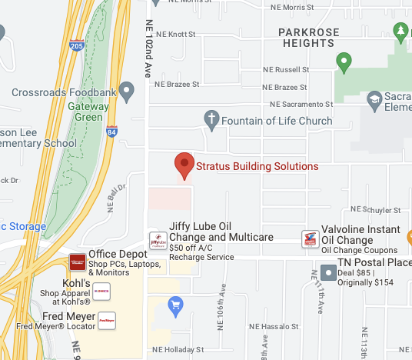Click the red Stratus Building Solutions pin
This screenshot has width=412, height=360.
point(184,165)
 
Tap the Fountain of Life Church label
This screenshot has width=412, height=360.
point(277,121)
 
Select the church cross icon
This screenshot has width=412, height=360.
point(211,120)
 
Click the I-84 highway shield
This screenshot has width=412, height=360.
point(112,132)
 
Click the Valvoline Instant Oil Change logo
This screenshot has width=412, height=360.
point(311,239)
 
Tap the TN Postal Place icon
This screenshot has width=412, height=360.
point(328,272)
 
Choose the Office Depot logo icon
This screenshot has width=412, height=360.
point(78,262)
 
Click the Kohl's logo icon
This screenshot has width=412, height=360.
point(101,292)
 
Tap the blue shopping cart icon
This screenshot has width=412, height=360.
point(176,306)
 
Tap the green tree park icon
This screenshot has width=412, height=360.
point(400,32)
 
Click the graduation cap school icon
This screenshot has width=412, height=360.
point(374,100)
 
